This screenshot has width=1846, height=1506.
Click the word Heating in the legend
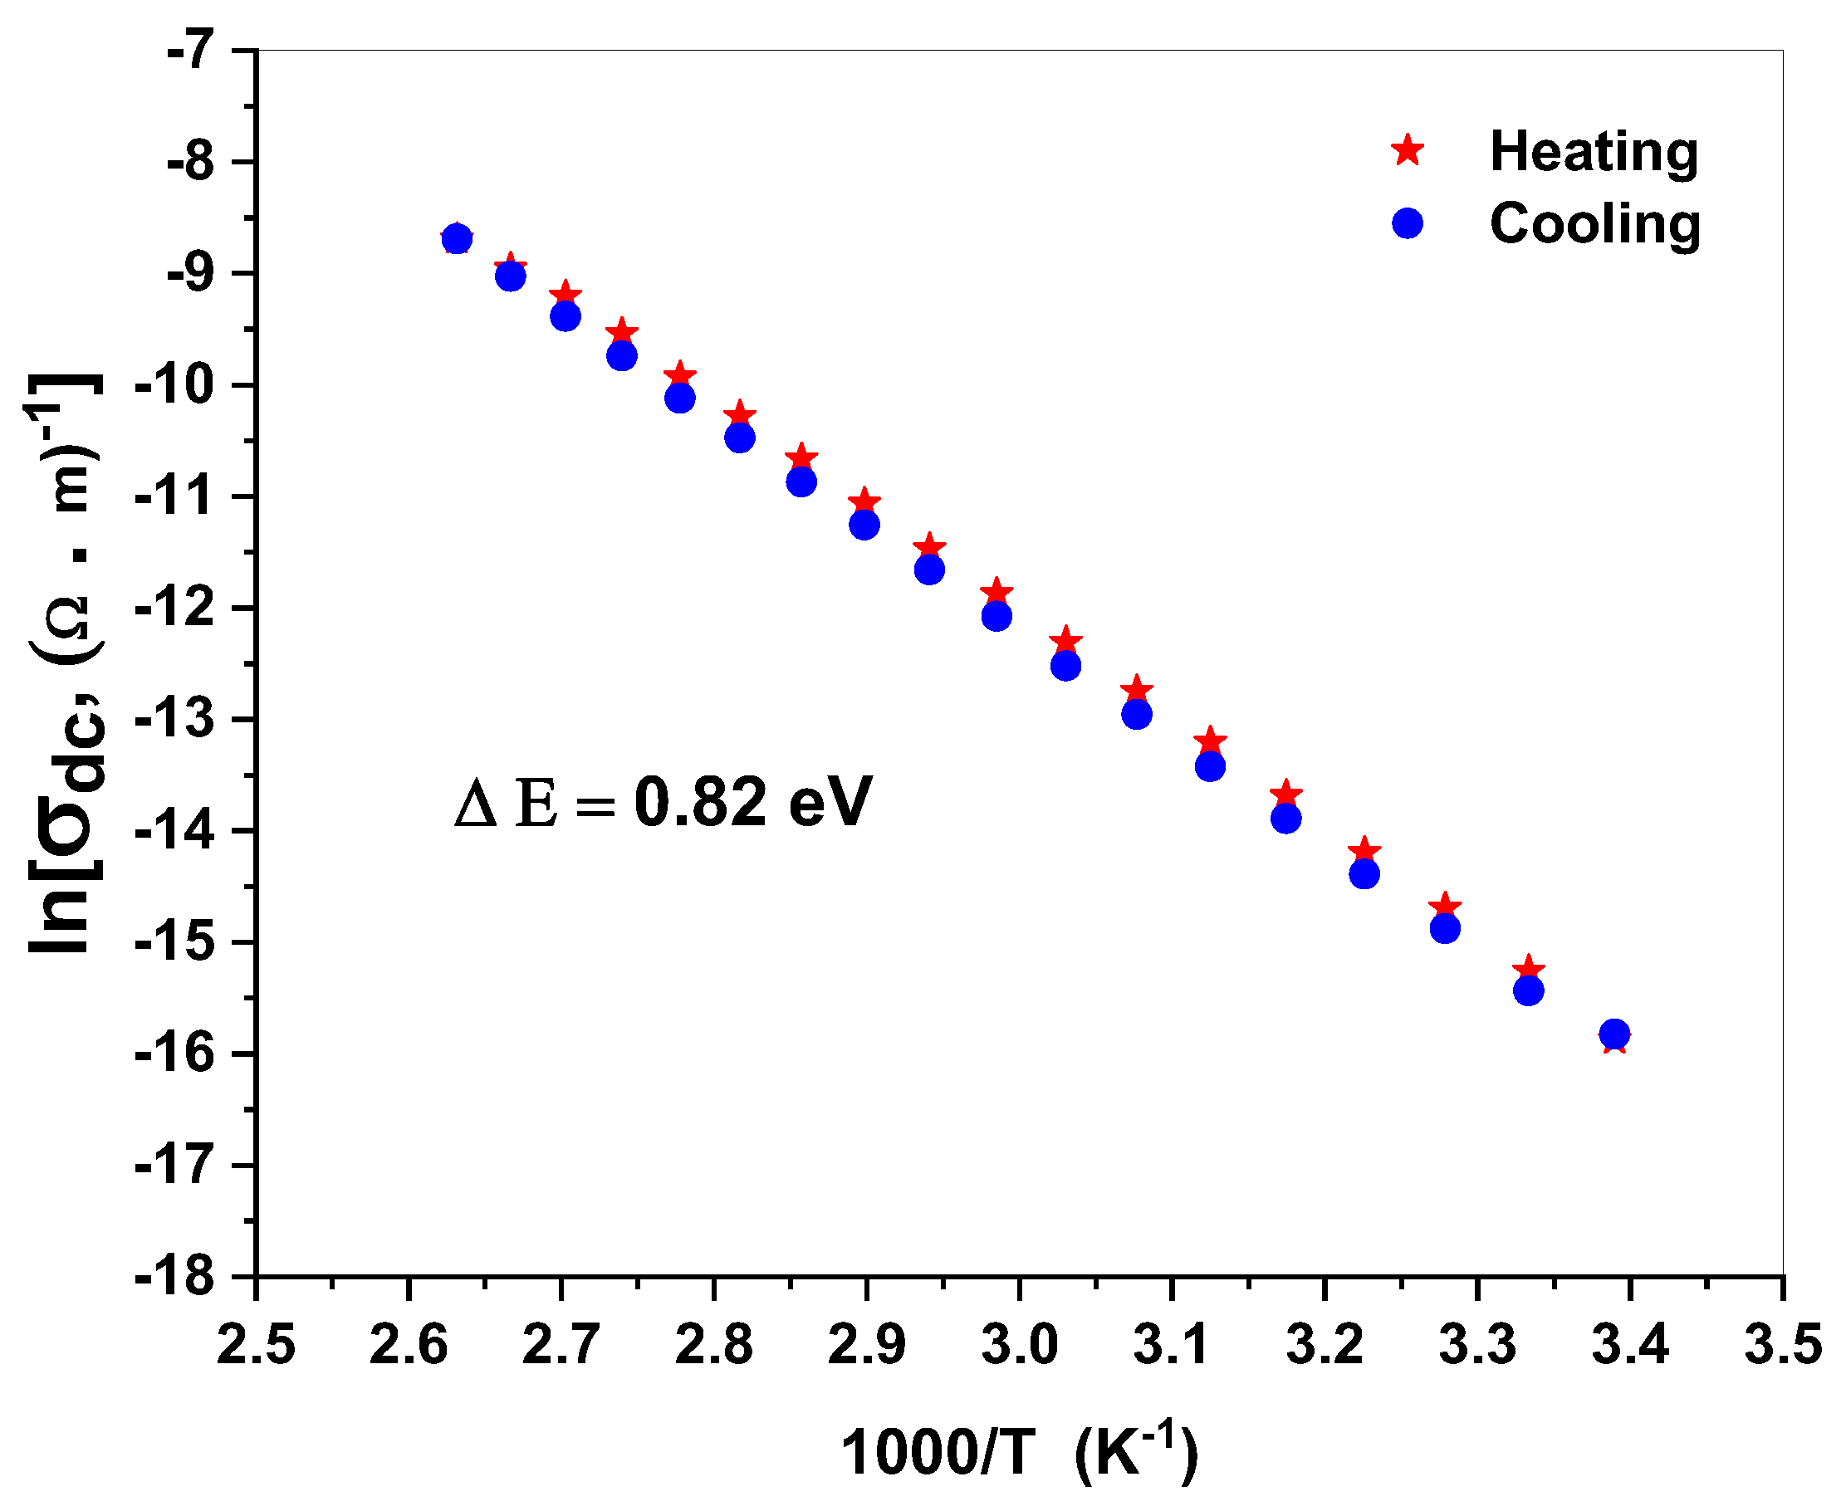pos(1594,151)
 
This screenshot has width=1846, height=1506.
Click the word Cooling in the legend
pos(1595,223)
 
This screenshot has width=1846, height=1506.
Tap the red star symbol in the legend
pos(1408,150)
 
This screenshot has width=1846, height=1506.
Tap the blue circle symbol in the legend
pos(1408,223)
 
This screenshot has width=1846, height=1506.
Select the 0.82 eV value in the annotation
pos(752,803)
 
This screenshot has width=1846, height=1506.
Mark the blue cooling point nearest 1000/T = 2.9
pos(864,525)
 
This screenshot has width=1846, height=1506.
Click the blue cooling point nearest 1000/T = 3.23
pos(1364,873)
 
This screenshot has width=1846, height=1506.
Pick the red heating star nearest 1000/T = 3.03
pos(1066,641)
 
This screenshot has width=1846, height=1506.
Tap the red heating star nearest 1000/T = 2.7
pos(566,294)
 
